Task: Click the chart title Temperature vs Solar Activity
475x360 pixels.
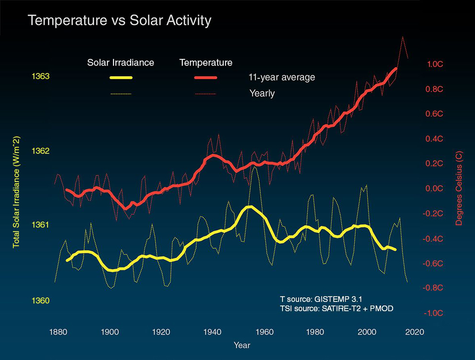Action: point(119,21)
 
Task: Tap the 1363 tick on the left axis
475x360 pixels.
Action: point(41,76)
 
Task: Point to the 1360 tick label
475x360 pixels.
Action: point(41,301)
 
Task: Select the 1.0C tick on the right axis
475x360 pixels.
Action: point(435,64)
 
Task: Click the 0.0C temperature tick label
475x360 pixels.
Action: point(434,189)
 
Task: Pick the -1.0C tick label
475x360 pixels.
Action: point(433,313)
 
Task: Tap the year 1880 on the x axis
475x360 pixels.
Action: point(58,332)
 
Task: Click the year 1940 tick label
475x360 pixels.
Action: point(212,332)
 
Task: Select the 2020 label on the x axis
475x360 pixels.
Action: point(415,332)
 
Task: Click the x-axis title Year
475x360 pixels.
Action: point(242,345)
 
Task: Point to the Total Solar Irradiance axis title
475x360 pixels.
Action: point(16,192)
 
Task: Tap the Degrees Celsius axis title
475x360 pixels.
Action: point(459,188)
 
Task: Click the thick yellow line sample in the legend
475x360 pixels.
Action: point(121,78)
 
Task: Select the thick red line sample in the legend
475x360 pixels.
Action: point(206,78)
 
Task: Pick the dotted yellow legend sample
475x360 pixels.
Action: point(121,94)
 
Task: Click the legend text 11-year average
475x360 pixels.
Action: point(282,78)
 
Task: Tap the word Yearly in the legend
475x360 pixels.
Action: point(262,93)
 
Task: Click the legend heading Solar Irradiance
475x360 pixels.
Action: point(121,63)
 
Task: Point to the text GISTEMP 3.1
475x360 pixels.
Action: point(338,300)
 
